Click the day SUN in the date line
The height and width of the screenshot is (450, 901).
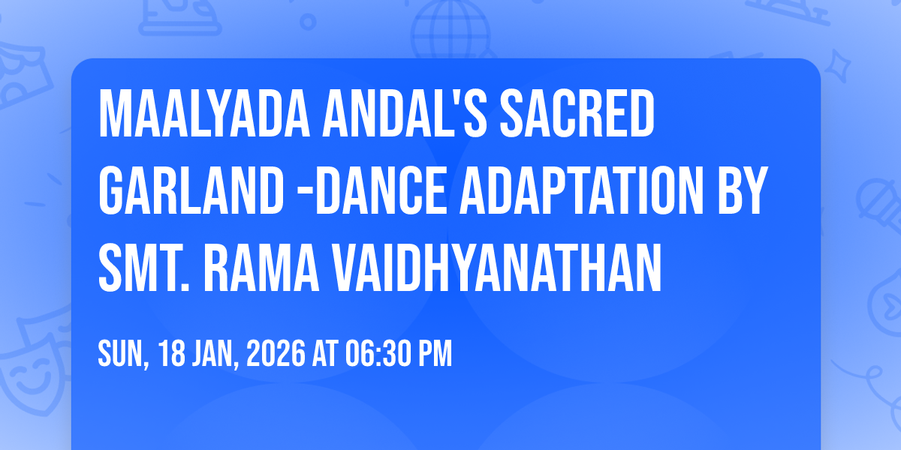tap(120, 353)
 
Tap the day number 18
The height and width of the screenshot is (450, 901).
tap(168, 353)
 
